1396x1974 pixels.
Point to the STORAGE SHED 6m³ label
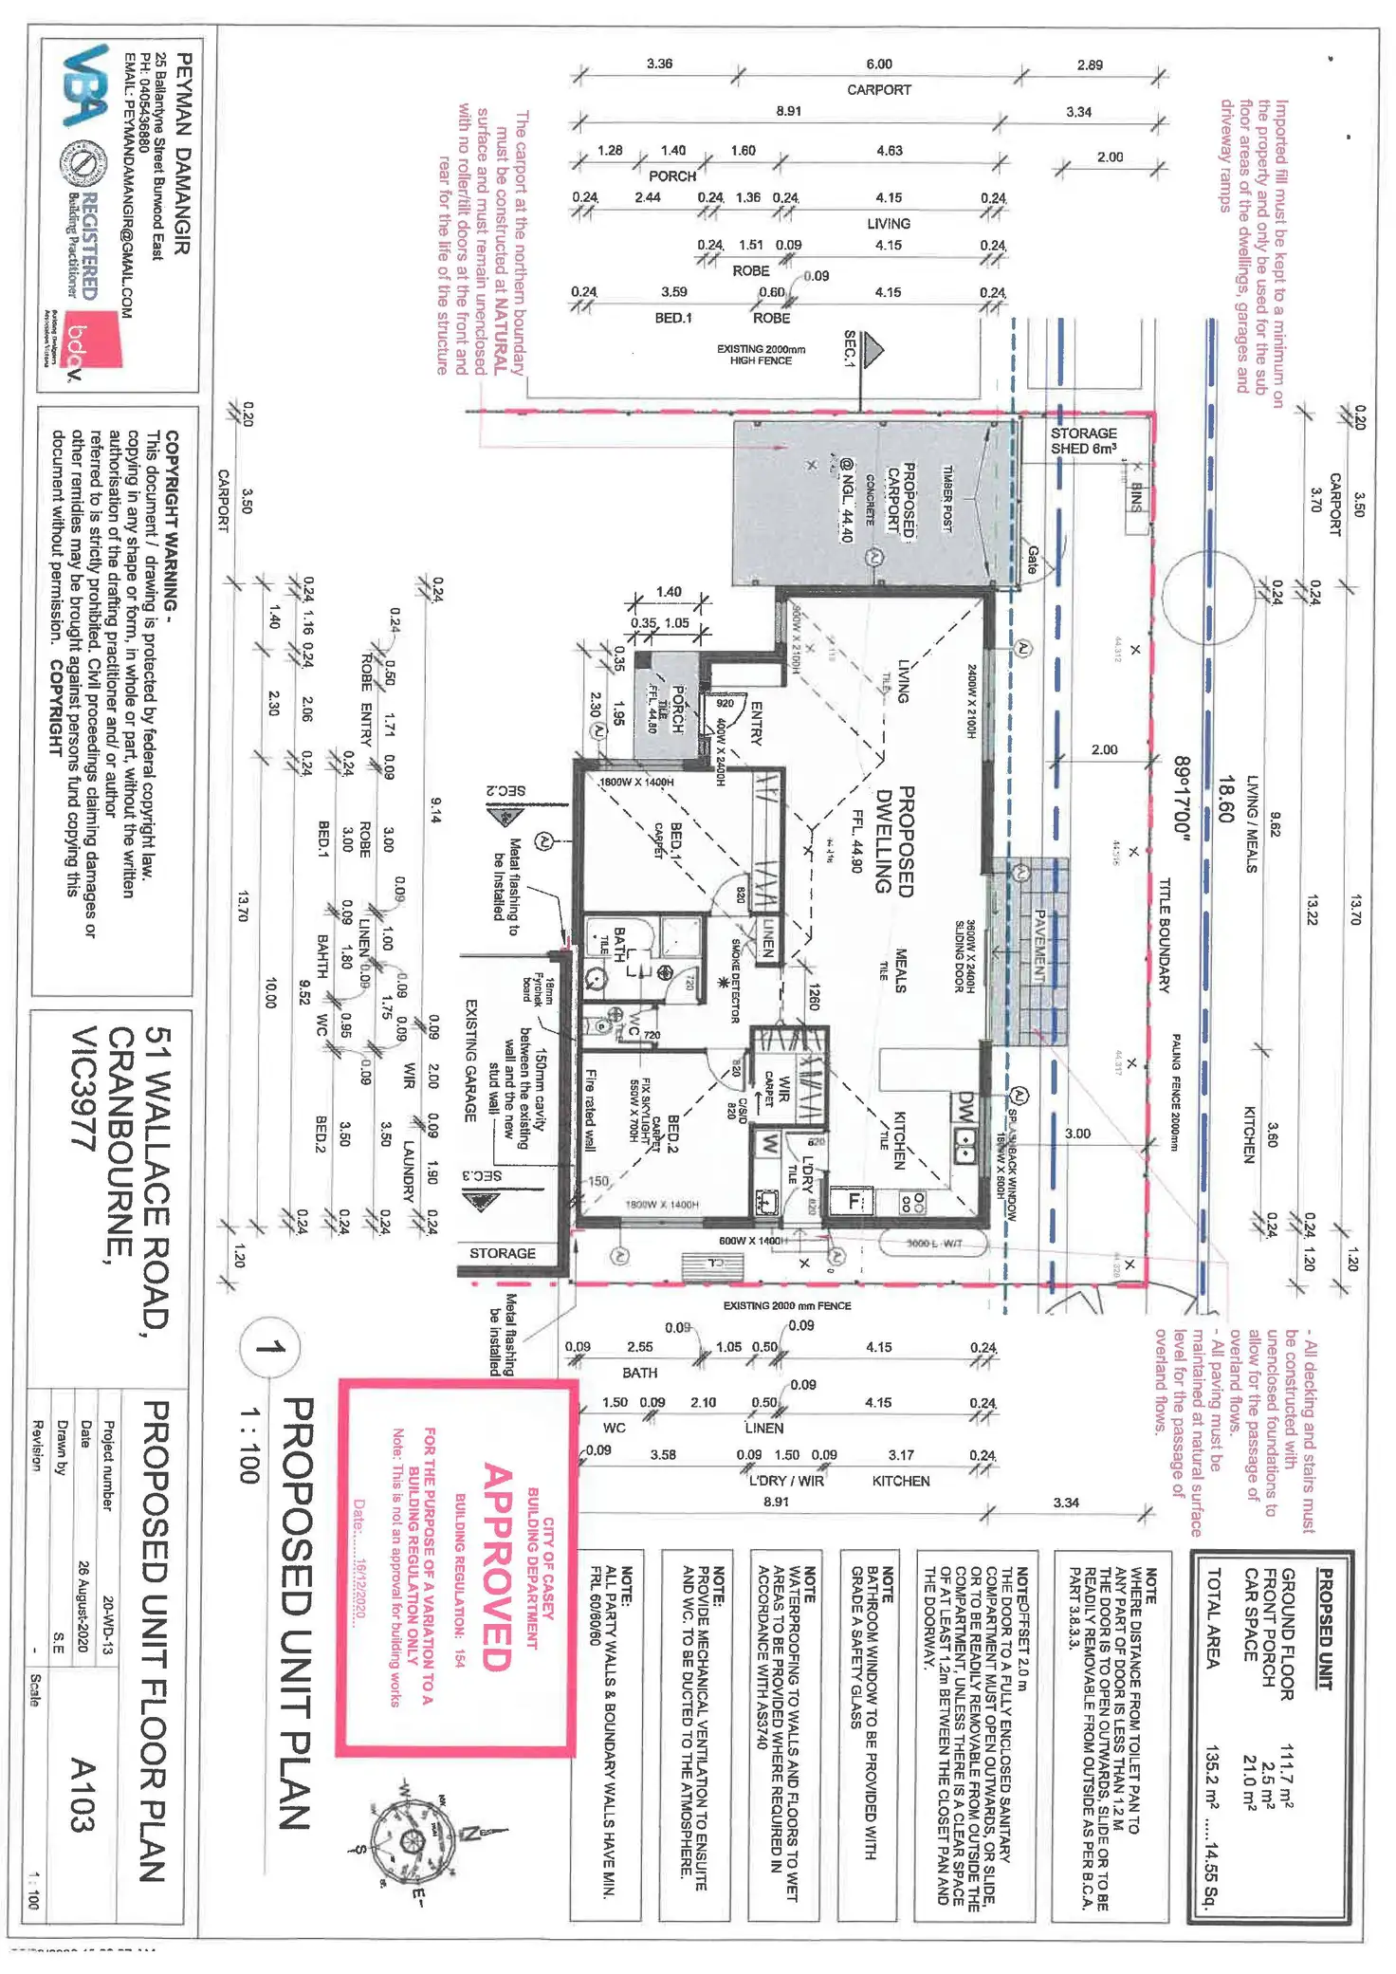click(x=1083, y=440)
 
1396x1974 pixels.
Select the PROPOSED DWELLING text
click(x=893, y=839)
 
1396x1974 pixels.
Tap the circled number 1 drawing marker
click(x=269, y=1347)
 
